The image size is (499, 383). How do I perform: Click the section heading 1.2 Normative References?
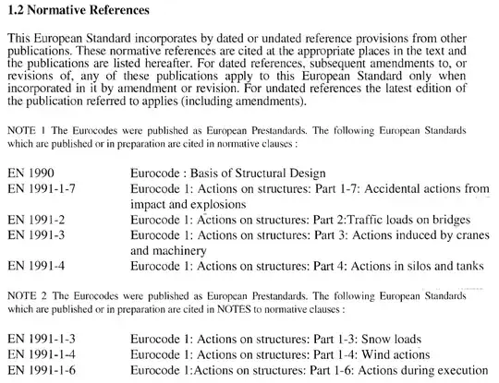click(77, 10)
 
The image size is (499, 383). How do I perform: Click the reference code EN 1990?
click(31, 173)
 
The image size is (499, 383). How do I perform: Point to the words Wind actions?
click(398, 353)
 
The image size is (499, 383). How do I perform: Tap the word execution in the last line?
click(458, 369)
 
